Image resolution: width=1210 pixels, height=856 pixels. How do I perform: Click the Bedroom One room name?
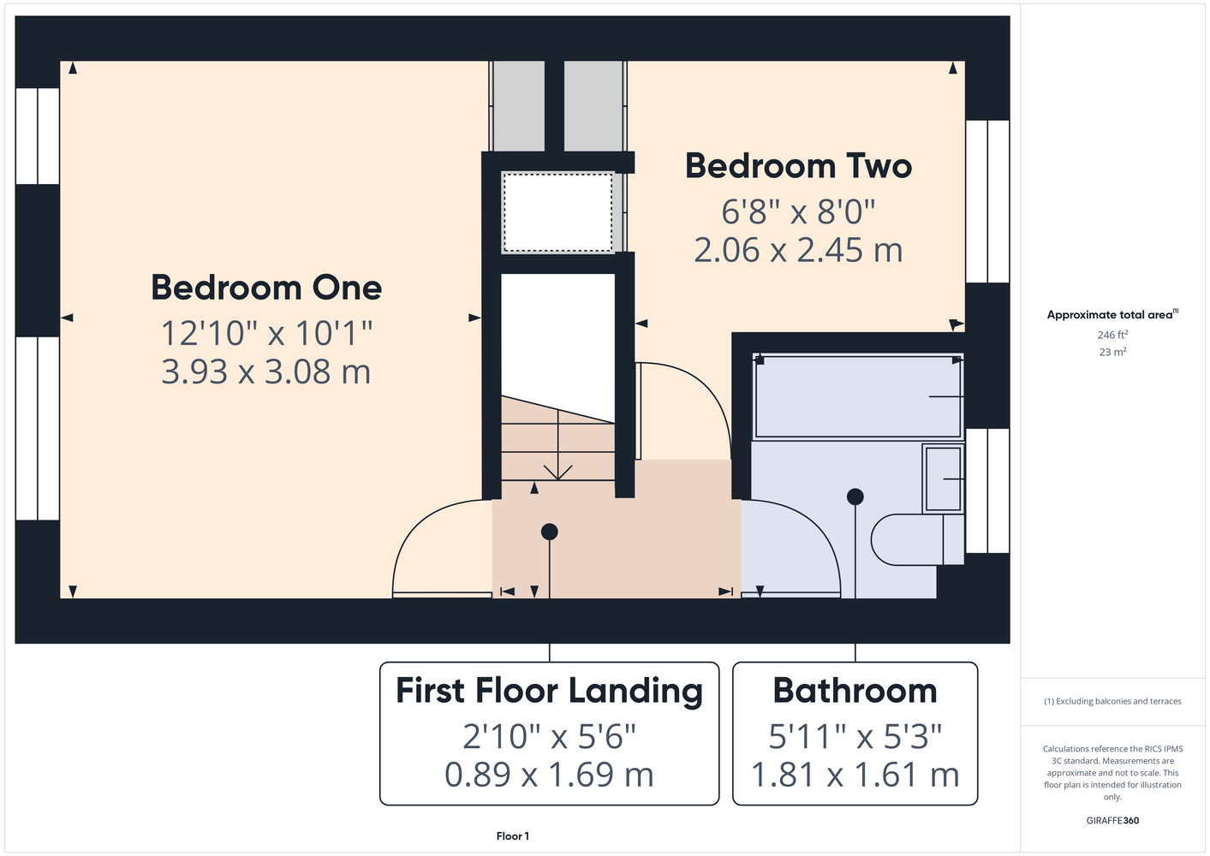click(x=266, y=288)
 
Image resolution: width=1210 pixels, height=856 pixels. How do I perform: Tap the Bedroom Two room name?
click(x=798, y=166)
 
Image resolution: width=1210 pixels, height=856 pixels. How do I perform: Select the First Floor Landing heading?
click(x=550, y=692)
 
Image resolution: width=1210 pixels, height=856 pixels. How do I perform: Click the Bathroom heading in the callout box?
click(x=855, y=691)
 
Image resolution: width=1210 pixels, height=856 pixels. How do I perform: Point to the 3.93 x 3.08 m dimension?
click(x=266, y=372)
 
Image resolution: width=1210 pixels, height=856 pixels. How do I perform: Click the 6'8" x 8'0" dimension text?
click(x=798, y=211)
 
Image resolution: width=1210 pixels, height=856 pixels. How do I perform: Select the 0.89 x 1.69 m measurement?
click(x=550, y=774)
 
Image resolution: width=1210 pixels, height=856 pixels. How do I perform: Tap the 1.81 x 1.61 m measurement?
click(x=855, y=774)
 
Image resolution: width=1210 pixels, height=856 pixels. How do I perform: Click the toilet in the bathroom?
click(x=917, y=539)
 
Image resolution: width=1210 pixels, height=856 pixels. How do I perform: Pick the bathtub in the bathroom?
click(x=858, y=396)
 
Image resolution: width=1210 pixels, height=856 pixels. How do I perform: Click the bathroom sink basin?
click(x=943, y=479)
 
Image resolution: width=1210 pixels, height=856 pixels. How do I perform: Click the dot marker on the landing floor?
click(x=550, y=532)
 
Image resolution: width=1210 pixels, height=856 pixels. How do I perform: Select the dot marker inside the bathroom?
click(x=855, y=496)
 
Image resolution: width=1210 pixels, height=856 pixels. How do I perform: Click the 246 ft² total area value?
click(x=1112, y=335)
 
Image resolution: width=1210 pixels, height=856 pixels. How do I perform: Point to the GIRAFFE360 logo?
click(x=1112, y=820)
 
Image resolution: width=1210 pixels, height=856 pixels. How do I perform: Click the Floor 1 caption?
click(x=513, y=836)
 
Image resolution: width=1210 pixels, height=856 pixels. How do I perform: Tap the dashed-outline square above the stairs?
click(x=558, y=212)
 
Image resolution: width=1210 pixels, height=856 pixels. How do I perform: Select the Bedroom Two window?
click(x=987, y=201)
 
